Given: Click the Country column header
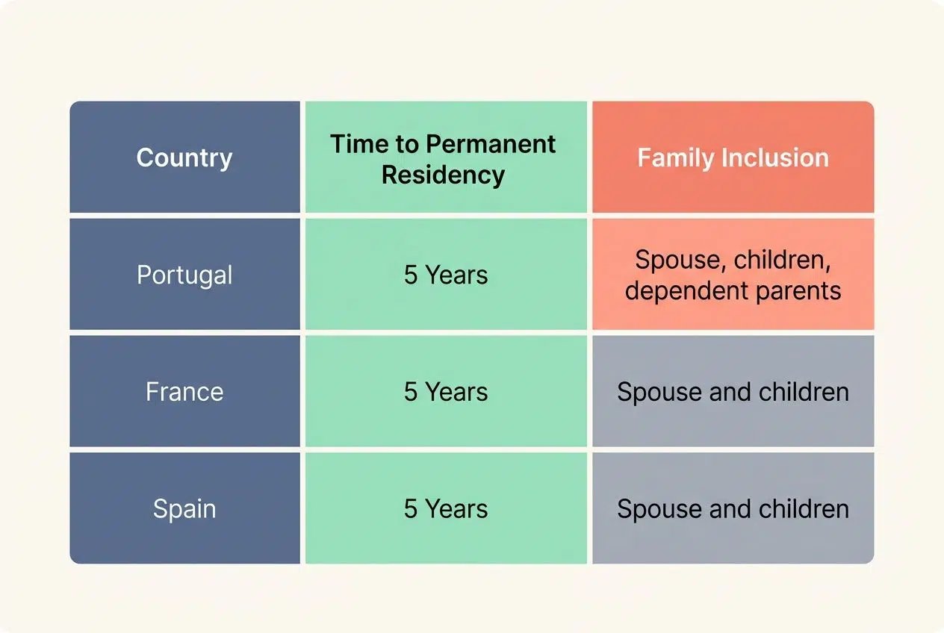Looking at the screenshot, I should coord(184,158).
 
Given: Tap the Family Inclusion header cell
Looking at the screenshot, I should coord(733,158).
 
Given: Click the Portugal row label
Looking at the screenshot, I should coord(184,275).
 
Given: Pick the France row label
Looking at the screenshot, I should coord(184,392).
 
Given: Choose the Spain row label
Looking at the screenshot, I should coord(184,508).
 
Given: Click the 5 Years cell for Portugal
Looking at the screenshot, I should coord(446,275).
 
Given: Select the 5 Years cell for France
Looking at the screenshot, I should coord(446,392).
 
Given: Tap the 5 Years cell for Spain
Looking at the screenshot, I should coord(446,508).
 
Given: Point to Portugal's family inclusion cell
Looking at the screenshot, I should coord(733,275).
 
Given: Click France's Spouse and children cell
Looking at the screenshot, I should coord(733,392).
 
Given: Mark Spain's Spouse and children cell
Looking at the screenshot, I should coord(733,508).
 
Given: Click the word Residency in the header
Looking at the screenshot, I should coord(443,175).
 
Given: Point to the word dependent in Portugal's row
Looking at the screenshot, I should coord(686,290).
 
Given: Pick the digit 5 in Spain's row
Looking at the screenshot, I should coord(411,508).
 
